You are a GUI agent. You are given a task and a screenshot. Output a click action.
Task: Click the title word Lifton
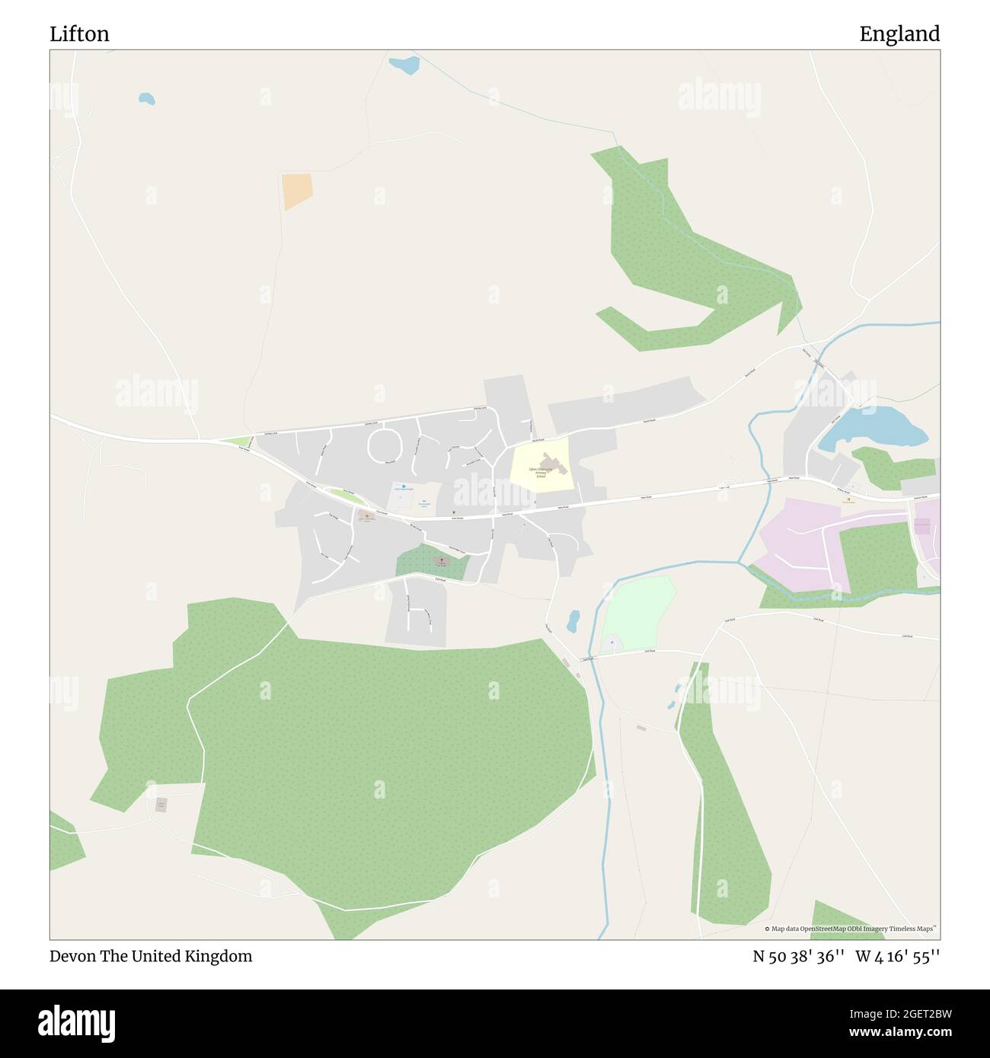click(79, 33)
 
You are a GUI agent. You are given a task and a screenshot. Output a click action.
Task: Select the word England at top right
click(899, 33)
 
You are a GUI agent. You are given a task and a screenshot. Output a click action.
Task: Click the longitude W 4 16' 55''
click(897, 956)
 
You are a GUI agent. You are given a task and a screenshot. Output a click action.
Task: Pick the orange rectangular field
click(296, 191)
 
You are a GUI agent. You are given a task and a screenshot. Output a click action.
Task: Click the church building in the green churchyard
click(441, 562)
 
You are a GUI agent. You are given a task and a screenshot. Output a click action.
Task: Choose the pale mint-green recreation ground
click(638, 612)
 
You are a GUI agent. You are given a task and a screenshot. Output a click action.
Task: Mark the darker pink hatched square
click(921, 526)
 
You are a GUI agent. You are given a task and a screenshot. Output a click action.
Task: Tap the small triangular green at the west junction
click(239, 441)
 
